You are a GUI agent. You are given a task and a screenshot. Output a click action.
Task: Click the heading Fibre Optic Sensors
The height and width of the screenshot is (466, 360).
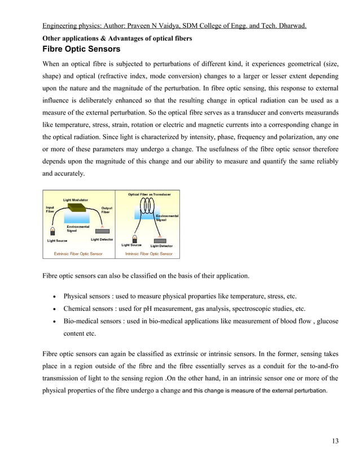click(81, 49)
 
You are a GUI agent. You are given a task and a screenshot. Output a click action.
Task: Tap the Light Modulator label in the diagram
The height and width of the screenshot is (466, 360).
click(74, 200)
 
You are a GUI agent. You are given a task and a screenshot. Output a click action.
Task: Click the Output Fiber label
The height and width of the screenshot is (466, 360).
click(106, 209)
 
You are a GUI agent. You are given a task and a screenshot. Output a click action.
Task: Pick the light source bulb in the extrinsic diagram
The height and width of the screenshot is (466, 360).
click(52, 231)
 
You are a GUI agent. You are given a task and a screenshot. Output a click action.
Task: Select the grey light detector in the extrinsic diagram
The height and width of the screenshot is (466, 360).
click(102, 231)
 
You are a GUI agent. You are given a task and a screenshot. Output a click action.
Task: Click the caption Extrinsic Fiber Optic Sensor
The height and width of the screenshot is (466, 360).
click(78, 254)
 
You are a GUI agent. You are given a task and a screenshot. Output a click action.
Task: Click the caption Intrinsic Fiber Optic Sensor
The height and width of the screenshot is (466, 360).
click(148, 254)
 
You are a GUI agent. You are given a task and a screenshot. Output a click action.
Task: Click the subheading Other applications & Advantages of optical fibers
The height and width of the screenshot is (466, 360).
click(118, 38)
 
